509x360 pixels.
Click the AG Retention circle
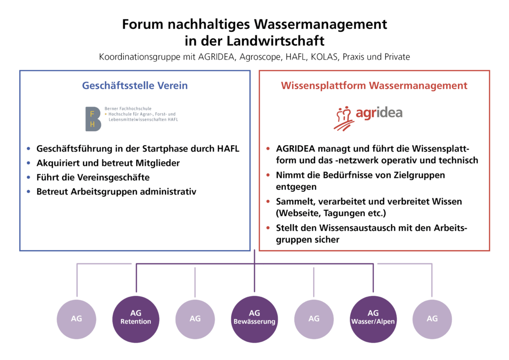136,319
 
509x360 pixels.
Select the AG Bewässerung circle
254,319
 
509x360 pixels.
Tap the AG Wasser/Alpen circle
373,319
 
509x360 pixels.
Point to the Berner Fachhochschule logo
131,118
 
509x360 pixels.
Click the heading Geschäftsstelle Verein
135,86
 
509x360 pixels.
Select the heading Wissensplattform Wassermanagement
374,86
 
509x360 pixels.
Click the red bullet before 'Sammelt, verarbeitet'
268,202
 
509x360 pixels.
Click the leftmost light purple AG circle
77,319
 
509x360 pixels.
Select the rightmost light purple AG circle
432,319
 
